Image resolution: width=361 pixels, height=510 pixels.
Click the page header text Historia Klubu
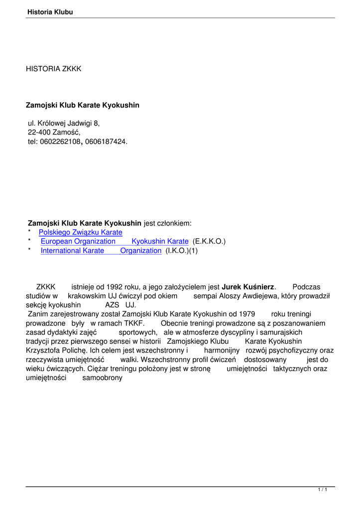point(50,12)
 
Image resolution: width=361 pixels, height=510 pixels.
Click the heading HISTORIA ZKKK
point(53,69)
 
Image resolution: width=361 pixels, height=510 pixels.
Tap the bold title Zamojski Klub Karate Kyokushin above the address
point(83,105)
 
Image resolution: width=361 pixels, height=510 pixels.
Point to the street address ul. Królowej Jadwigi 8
point(64,123)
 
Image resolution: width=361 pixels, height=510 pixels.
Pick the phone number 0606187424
point(105,142)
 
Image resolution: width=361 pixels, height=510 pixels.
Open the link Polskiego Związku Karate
point(80,232)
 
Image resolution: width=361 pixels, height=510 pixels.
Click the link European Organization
point(78,242)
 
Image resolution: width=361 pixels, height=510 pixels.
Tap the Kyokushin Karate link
point(160,242)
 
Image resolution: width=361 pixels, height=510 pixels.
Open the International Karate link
point(73,251)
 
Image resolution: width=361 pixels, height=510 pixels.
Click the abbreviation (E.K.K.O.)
point(209,242)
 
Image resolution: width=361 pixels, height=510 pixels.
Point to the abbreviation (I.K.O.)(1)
point(181,251)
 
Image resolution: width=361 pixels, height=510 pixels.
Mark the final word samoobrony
point(102,378)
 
